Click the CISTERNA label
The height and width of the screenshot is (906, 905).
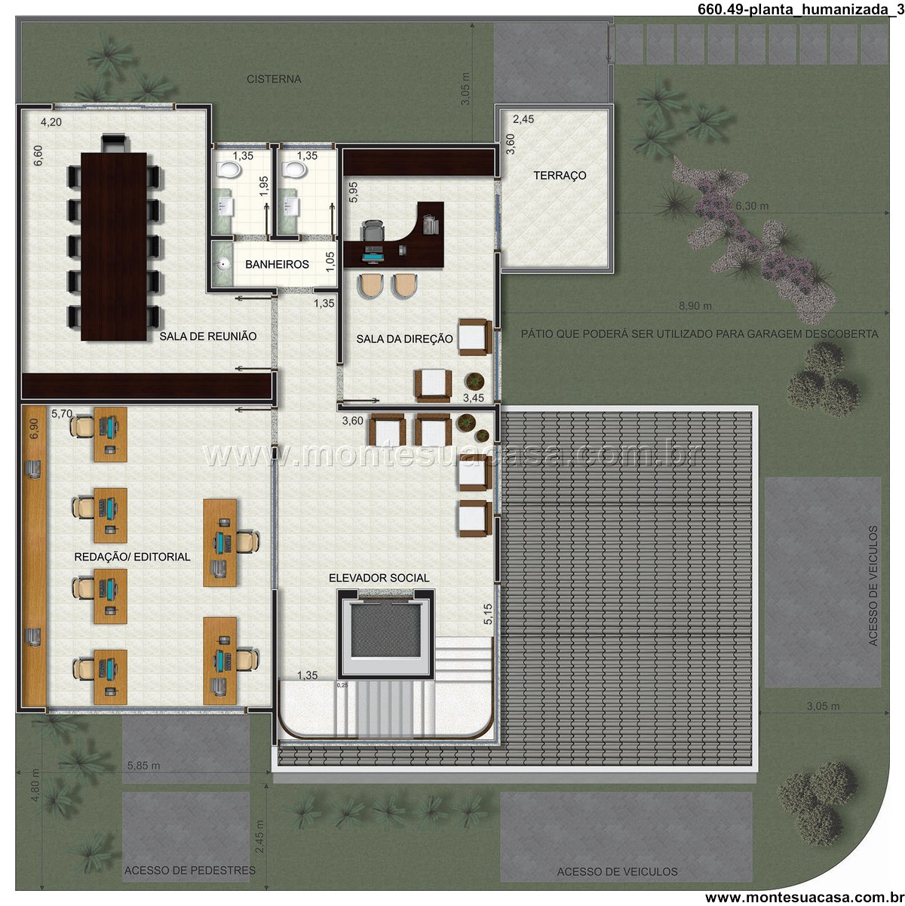coord(274,79)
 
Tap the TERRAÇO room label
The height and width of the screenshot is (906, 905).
coord(560,175)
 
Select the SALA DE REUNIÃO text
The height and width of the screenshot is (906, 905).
coord(208,336)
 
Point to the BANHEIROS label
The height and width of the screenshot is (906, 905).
coord(277,264)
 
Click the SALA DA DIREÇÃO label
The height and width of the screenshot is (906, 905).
coord(404,339)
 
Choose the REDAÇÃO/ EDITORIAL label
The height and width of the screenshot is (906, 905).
coord(132,557)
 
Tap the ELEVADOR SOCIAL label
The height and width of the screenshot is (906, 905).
coord(379,578)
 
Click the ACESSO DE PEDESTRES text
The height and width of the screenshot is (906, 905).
coord(190,871)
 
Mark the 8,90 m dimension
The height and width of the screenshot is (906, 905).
coord(695,306)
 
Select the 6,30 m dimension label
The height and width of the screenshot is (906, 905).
coord(752,206)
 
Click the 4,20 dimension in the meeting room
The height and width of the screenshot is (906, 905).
coord(51,122)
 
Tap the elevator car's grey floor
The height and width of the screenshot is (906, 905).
coord(385,631)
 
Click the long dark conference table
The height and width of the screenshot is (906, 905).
coord(114,247)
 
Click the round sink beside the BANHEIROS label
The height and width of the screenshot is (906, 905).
coord(222,265)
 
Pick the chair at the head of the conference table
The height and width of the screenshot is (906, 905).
coord(114,143)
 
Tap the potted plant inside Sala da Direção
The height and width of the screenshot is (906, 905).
coord(474,380)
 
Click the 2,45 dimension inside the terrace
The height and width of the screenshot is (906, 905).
coord(523,119)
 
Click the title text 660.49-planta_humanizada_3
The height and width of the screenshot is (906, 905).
coord(801,9)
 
